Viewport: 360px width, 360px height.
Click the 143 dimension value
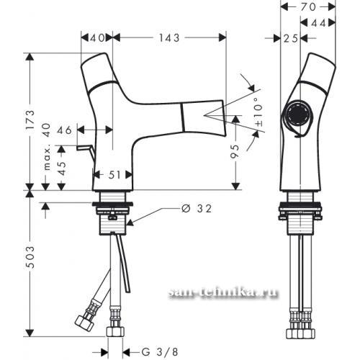169,38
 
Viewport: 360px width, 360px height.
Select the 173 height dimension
31,120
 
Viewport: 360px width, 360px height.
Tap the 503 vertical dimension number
30,257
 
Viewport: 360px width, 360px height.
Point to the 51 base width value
114,175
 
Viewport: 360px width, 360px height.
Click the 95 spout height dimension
235,151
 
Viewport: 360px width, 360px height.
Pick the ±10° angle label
258,112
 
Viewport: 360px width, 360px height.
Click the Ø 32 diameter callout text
197,209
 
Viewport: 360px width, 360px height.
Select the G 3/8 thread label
160,352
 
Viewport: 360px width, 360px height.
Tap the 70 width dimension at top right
308,7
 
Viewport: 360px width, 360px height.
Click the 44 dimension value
319,23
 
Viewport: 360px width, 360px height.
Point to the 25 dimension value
291,38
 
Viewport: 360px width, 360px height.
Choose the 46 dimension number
64,130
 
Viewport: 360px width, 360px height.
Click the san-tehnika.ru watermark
223,292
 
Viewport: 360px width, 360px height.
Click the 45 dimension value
62,168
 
